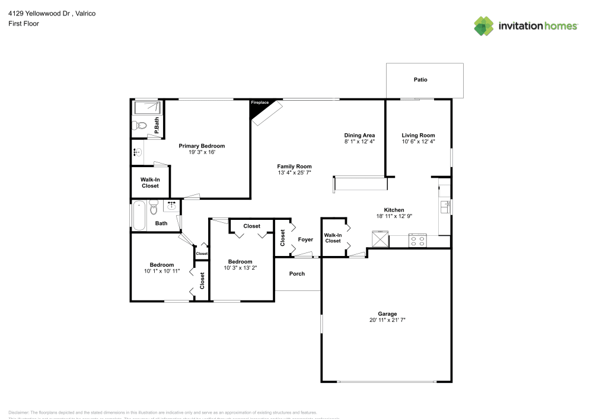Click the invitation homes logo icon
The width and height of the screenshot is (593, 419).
[484, 25]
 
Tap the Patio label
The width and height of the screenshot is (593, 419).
[420, 79]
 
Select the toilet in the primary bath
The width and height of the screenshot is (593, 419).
[140, 126]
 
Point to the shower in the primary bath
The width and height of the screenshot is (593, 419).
[146, 108]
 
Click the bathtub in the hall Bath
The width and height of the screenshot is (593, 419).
[139, 215]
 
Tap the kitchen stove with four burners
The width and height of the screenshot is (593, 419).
[417, 240]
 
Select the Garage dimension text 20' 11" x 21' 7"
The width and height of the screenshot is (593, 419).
[387, 320]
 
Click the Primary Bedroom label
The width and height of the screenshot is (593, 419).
[202, 146]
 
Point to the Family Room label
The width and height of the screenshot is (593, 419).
[294, 167]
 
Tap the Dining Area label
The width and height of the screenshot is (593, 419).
[359, 135]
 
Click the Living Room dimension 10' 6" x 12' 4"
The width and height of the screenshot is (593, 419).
[418, 142]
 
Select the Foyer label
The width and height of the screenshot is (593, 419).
[305, 239]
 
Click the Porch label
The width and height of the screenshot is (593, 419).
[297, 273]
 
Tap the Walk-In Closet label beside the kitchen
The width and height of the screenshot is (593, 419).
[333, 238]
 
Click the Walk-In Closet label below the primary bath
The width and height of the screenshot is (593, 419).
[149, 183]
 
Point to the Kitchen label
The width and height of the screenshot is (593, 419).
[394, 210]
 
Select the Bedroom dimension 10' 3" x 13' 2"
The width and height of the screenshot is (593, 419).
[240, 268]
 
